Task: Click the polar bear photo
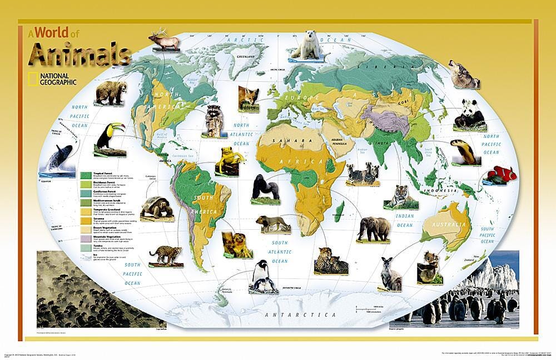click(x=306, y=46)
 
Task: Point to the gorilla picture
click(x=265, y=186)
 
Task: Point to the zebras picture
click(x=363, y=174)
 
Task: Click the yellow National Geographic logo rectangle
click(x=33, y=79)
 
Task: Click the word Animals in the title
click(x=81, y=55)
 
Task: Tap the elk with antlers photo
click(x=163, y=41)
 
